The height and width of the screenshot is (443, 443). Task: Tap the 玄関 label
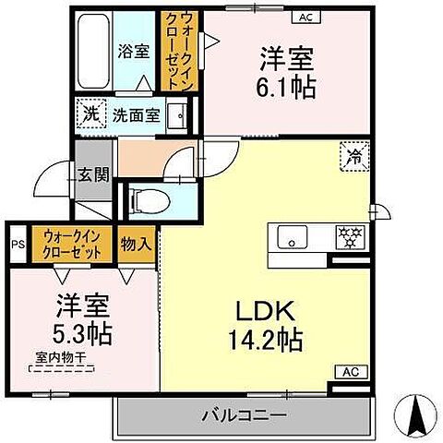90,174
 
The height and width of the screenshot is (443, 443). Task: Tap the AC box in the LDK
350,372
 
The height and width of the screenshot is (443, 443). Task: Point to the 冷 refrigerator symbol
353,155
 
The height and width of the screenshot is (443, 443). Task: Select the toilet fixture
148,198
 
